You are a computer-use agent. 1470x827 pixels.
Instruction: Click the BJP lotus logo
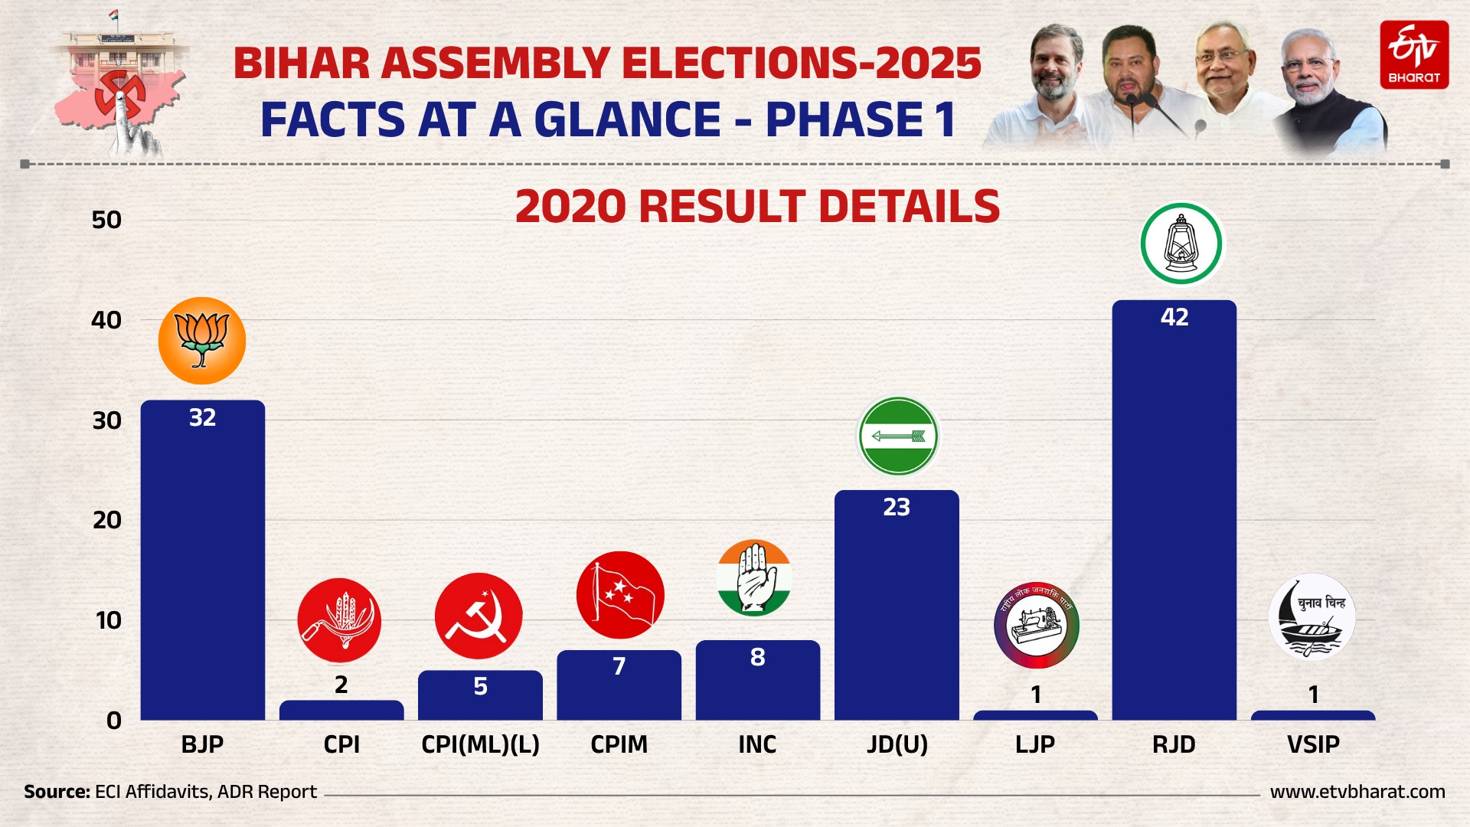tap(202, 341)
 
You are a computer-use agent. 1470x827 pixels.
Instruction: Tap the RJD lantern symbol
tap(1181, 244)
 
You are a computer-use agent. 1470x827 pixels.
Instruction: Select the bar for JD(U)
tap(897, 613)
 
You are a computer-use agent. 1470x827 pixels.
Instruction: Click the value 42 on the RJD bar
tap(1174, 317)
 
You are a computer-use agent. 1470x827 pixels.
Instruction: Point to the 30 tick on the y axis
tap(107, 420)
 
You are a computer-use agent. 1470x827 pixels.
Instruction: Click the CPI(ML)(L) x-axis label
tap(480, 744)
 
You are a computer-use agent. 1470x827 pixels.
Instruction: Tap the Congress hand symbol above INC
tap(754, 578)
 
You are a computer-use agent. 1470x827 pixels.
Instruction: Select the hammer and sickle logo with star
tap(479, 616)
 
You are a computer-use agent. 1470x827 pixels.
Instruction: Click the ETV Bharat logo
tap(1414, 55)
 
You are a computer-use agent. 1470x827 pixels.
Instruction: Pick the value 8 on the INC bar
tap(757, 657)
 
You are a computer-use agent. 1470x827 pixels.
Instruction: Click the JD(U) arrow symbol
tap(898, 436)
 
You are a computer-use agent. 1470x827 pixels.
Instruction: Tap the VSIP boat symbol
tap(1312, 617)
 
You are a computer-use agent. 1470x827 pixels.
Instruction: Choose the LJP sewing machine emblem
tap(1036, 625)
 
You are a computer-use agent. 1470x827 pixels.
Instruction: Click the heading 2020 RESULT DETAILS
tap(757, 207)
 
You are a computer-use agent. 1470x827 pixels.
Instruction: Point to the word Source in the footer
tap(57, 792)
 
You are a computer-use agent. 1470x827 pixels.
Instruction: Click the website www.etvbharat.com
tap(1357, 792)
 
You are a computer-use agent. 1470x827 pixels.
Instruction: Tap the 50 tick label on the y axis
tap(106, 221)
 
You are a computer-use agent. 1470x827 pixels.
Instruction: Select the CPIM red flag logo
tap(620, 595)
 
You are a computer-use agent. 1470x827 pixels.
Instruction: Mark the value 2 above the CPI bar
tap(341, 685)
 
